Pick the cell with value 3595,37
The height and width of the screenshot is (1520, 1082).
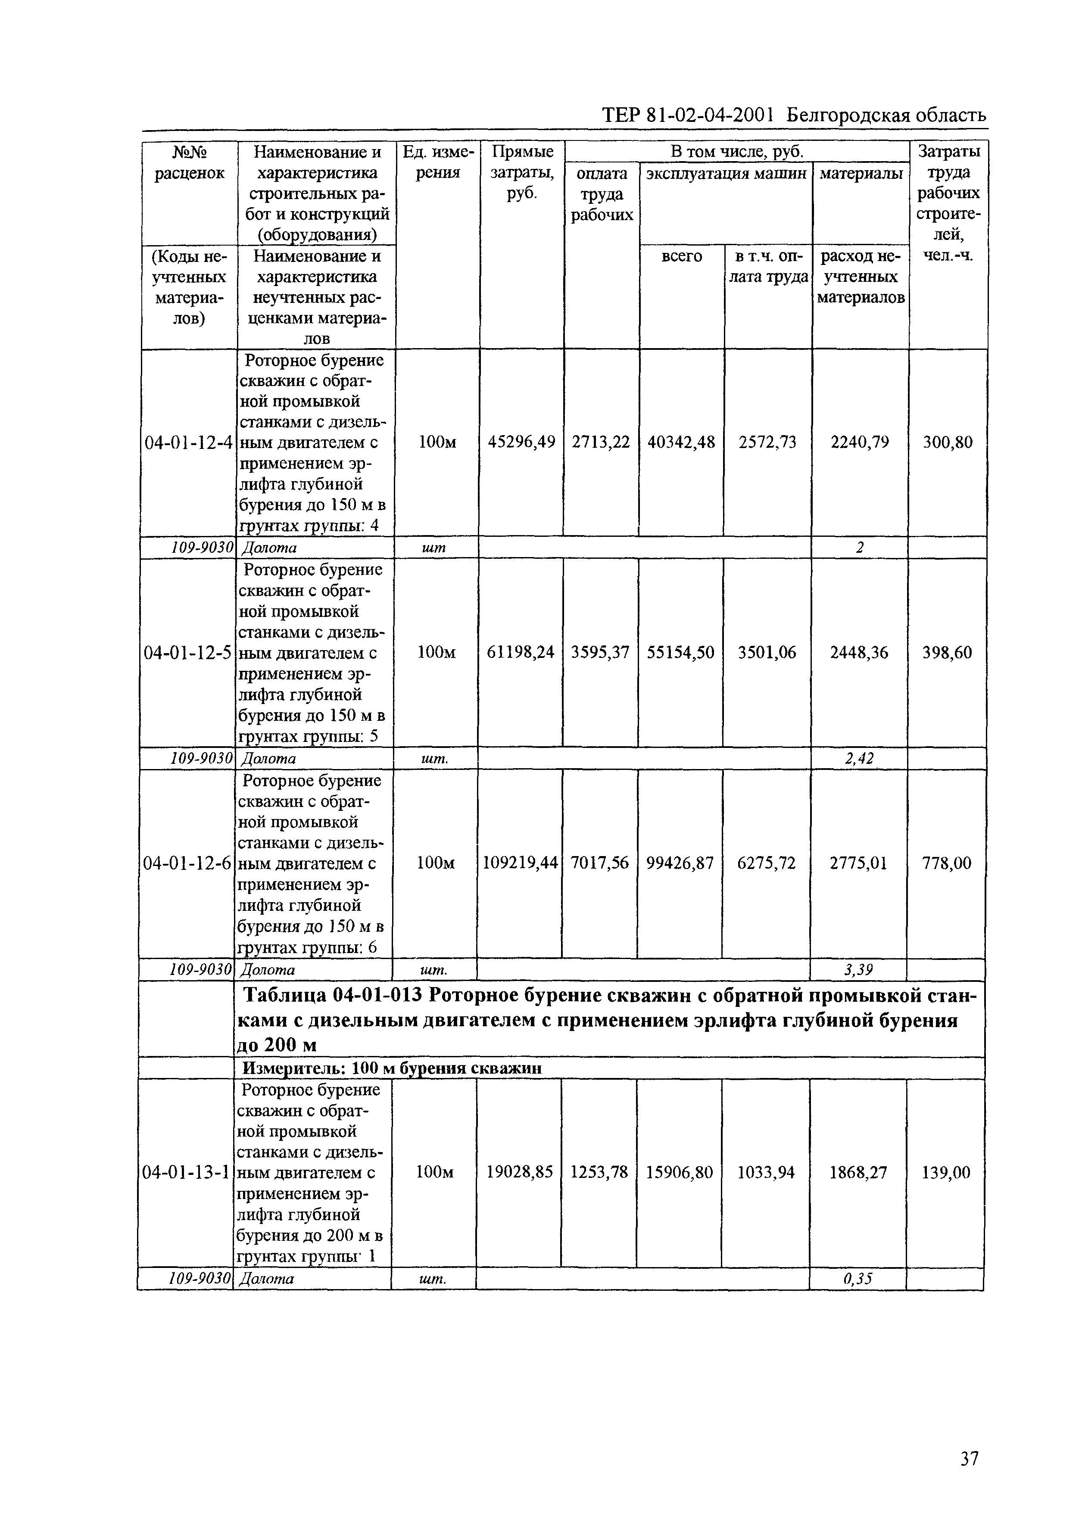point(600,653)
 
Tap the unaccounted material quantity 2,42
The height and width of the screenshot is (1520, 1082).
point(859,759)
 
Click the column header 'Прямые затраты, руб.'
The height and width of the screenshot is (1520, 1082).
point(522,172)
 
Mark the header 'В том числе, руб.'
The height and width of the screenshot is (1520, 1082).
point(736,151)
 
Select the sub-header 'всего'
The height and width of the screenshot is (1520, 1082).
point(682,256)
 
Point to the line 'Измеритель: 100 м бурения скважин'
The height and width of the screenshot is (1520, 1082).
point(391,1068)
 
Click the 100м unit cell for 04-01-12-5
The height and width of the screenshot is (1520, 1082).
point(437,653)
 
